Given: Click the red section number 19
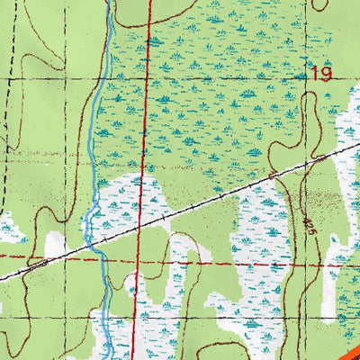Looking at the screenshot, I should click(321, 74).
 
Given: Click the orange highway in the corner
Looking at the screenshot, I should click(346, 350).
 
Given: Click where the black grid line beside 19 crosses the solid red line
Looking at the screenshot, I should click(147, 77).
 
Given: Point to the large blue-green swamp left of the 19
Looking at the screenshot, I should click(207, 99).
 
